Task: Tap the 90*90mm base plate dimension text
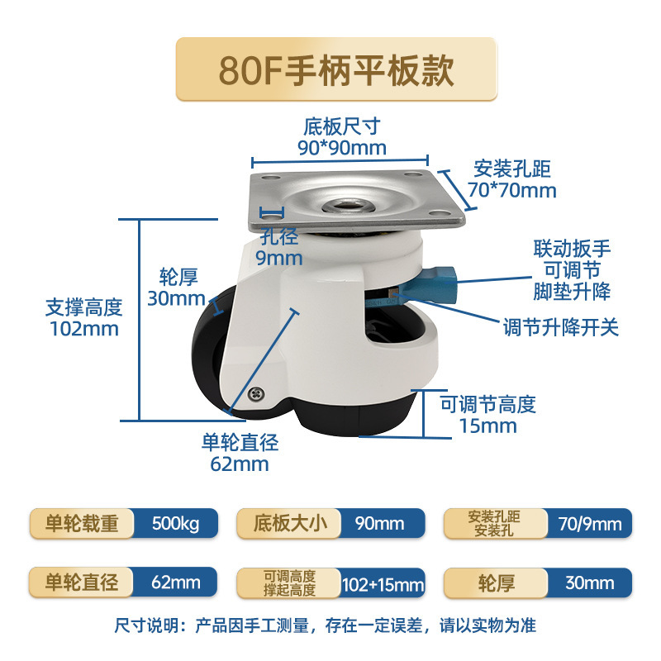pyautogui.click(x=341, y=148)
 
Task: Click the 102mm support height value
pyautogui.click(x=83, y=328)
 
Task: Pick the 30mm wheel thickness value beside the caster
pyautogui.click(x=176, y=298)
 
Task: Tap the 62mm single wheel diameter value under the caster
pyautogui.click(x=240, y=464)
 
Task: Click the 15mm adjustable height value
pyautogui.click(x=487, y=426)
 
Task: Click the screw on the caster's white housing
pyautogui.click(x=261, y=395)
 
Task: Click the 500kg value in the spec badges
pyautogui.click(x=176, y=524)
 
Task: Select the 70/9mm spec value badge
pyautogui.click(x=588, y=524)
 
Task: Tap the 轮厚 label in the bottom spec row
pyautogui.click(x=496, y=583)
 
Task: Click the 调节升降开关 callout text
pyautogui.click(x=561, y=327)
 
